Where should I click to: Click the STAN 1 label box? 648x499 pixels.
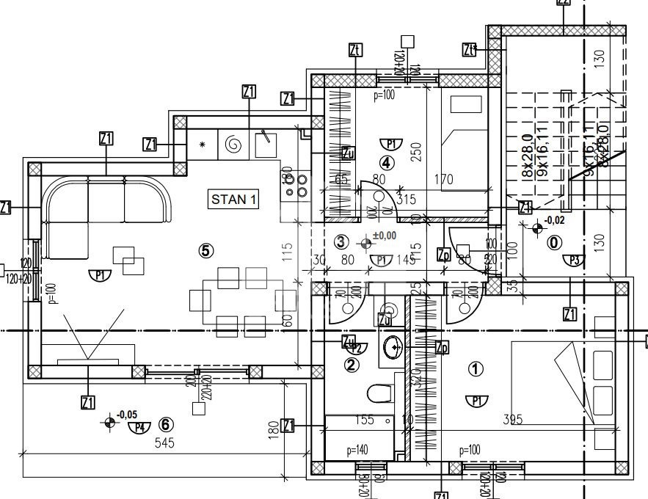pos(235,198)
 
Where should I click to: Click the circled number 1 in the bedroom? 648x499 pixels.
pos(476,370)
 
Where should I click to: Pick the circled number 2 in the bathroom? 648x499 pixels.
pos(352,365)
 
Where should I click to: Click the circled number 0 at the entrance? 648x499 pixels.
pos(554,241)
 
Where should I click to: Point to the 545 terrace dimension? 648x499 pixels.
pos(165,443)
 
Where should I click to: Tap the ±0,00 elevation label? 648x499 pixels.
pos(385,236)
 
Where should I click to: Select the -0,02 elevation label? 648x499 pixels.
pos(556,220)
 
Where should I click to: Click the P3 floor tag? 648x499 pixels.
pos(573,260)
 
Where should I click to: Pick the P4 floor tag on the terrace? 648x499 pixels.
pos(139,427)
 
